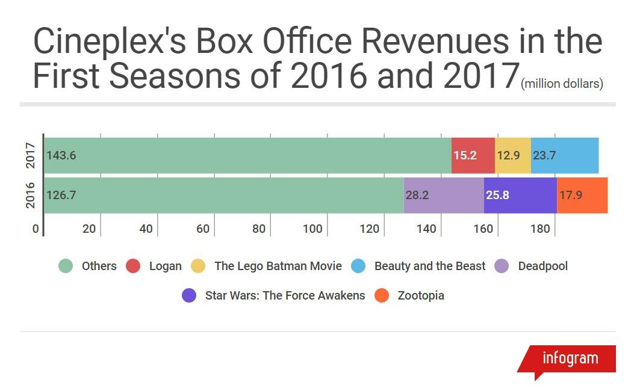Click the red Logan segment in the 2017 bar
(473, 155)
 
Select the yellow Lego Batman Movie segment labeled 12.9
(512, 155)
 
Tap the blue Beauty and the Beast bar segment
(565, 155)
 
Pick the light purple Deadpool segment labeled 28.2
(443, 195)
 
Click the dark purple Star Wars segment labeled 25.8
(520, 195)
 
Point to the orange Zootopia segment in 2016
(582, 195)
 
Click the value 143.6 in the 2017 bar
(61, 155)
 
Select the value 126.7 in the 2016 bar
(61, 195)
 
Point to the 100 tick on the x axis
(312, 229)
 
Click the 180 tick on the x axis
(540, 229)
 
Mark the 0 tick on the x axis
(36, 229)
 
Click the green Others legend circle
(66, 266)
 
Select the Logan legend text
(165, 266)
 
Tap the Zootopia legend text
(421, 295)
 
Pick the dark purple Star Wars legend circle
(189, 295)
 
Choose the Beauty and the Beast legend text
(429, 266)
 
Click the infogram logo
(570, 359)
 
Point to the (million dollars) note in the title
(562, 84)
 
